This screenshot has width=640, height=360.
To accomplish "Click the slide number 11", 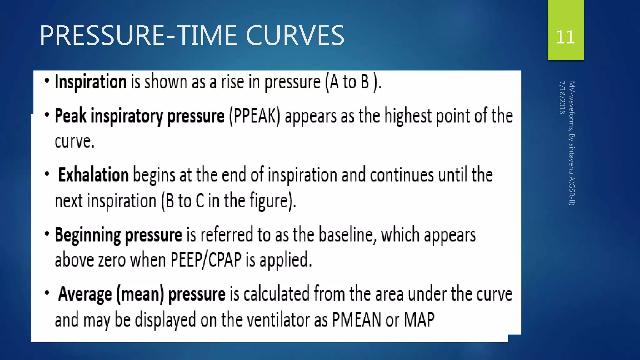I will tap(565, 37).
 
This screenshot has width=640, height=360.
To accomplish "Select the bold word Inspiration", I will tap(91, 82).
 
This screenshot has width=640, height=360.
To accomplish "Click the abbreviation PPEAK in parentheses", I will tap(255, 116).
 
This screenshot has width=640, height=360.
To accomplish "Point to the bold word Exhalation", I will tap(93, 175).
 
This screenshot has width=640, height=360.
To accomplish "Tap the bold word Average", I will tap(85, 294).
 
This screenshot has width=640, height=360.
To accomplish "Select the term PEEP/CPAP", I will tap(206, 260).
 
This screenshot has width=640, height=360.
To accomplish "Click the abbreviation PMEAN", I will tap(356, 320).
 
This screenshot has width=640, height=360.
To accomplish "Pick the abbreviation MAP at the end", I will tap(419, 320).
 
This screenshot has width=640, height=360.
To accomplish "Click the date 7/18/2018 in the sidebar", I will tap(562, 97).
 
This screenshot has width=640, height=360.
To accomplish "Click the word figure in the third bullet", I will tap(269, 201).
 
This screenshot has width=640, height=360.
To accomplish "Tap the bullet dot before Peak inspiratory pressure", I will tap(47, 115).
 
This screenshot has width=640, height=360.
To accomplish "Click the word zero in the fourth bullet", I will tap(112, 260).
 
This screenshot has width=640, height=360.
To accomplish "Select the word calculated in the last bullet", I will tap(276, 294).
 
